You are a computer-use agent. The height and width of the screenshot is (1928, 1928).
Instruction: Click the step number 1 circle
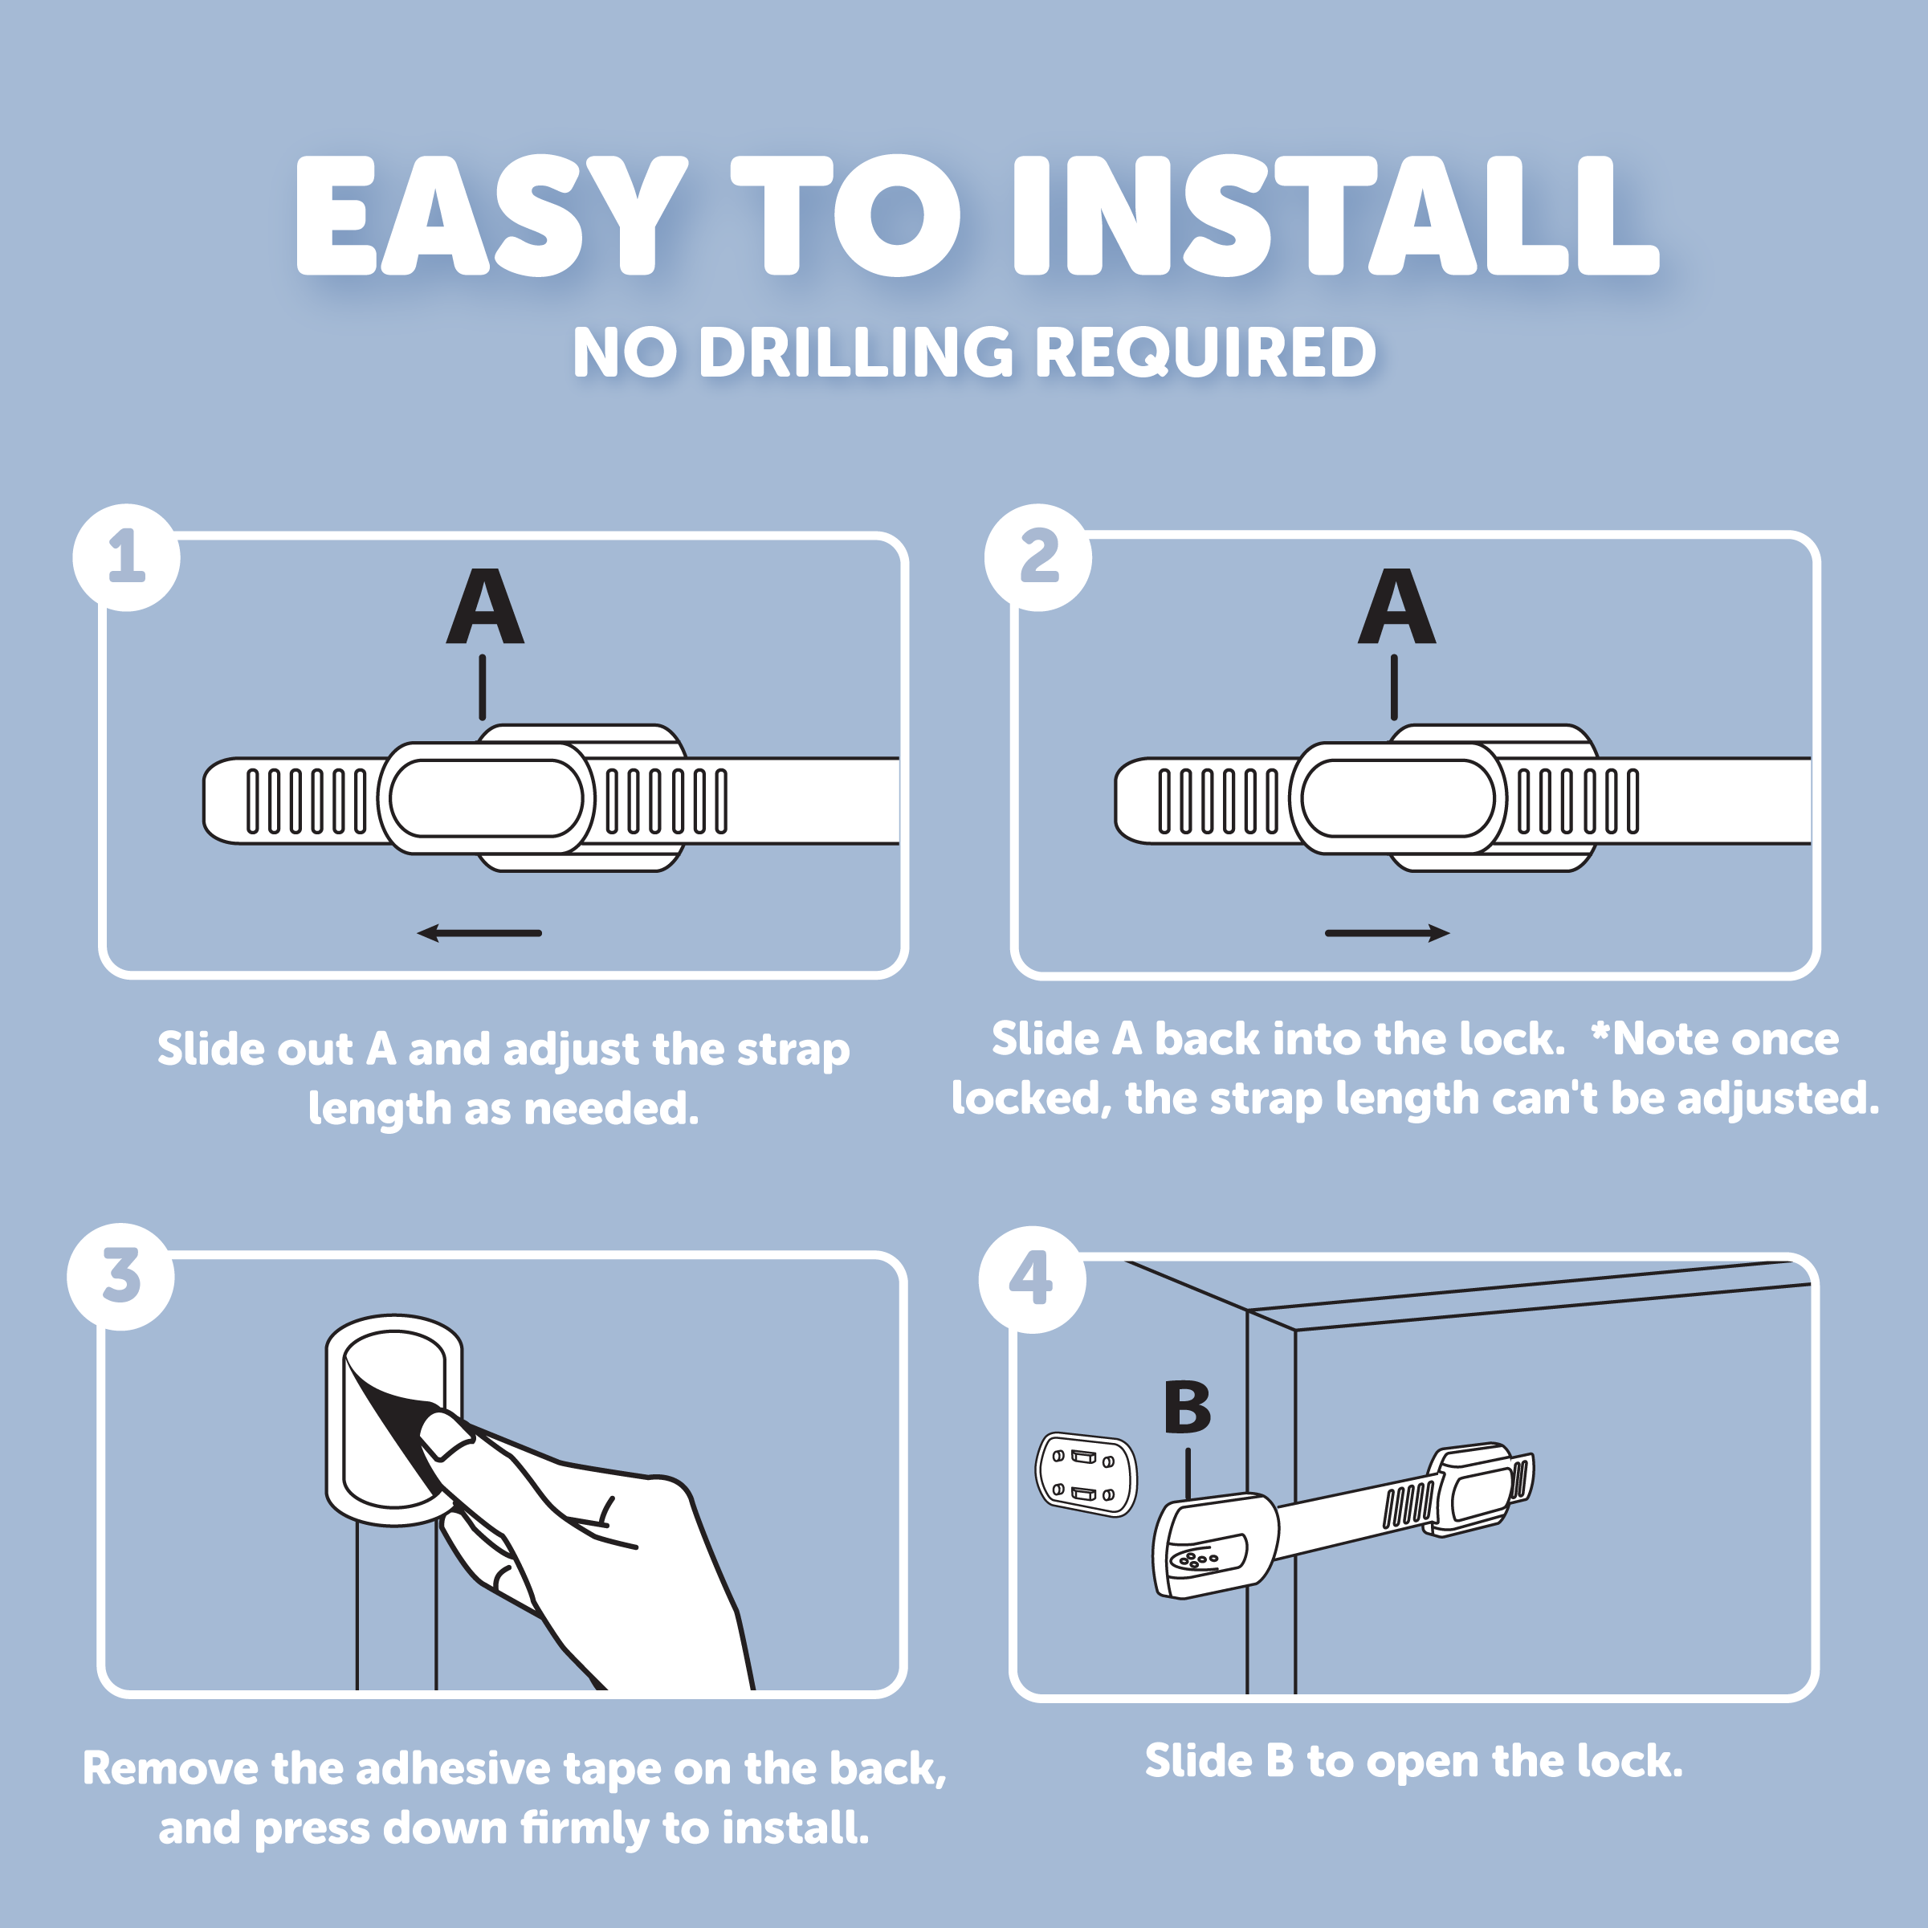tap(127, 556)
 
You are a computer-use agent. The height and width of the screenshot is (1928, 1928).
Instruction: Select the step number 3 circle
tap(120, 1276)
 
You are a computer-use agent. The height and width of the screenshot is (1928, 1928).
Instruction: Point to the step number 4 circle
tap(1032, 1279)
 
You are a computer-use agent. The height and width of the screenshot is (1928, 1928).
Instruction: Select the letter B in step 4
tap(1188, 1407)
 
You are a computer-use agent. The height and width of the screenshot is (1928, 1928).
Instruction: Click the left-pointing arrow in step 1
tap(479, 933)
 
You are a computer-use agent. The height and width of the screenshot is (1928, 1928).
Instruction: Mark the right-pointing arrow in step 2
tap(1387, 933)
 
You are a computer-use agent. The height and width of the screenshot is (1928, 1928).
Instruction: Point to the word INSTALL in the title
tap(1336, 215)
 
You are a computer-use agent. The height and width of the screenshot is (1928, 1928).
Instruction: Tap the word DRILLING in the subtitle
tap(856, 353)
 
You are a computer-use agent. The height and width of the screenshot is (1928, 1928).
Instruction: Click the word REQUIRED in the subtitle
tap(1206, 353)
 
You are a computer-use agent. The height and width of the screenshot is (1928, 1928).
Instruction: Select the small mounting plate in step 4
tap(1086, 1475)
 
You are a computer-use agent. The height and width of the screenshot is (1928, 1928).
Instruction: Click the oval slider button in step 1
tap(486, 798)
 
